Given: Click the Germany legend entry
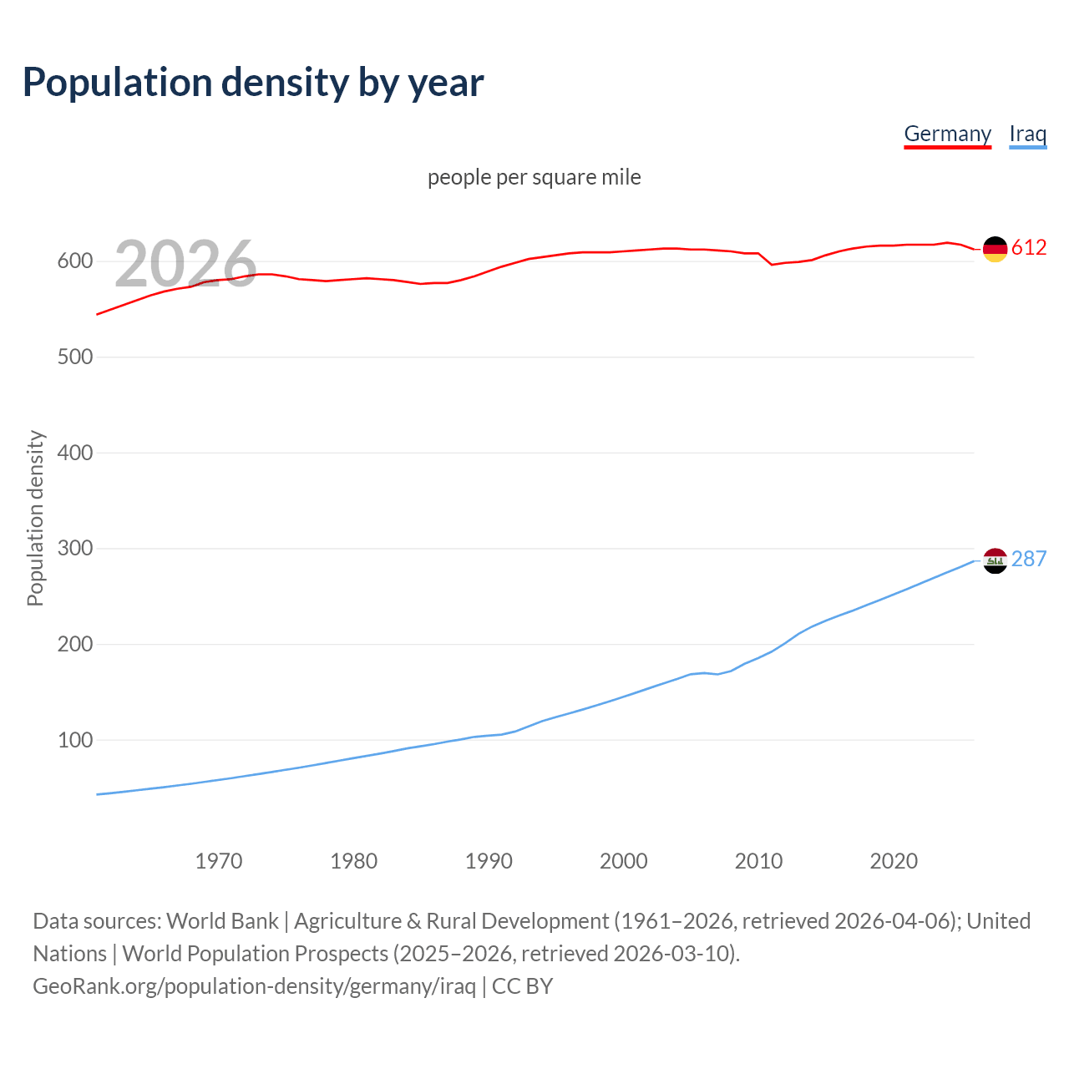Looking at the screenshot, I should click(947, 134).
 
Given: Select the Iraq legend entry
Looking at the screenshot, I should click(1027, 134).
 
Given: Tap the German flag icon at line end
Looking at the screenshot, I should click(995, 248).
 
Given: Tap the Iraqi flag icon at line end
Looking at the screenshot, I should click(995, 560).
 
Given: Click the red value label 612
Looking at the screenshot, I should click(1029, 248).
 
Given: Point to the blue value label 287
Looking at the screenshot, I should click(1029, 559).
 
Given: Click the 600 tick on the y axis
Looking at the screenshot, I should click(74, 261).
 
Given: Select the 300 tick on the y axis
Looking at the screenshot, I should click(74, 549).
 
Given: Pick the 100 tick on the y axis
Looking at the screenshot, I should click(74, 740).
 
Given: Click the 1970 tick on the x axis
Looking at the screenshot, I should click(219, 861).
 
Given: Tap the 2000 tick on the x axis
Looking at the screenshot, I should click(624, 861).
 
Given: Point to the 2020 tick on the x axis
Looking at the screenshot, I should click(894, 861).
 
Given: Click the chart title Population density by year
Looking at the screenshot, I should click(253, 83).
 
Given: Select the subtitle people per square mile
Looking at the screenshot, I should click(534, 177).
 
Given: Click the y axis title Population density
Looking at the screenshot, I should click(35, 518).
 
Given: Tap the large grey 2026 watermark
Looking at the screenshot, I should click(185, 264).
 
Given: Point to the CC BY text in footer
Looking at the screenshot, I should click(523, 986).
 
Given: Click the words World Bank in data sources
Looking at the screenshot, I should click(222, 921).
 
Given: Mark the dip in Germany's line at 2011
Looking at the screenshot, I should click(772, 264).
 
